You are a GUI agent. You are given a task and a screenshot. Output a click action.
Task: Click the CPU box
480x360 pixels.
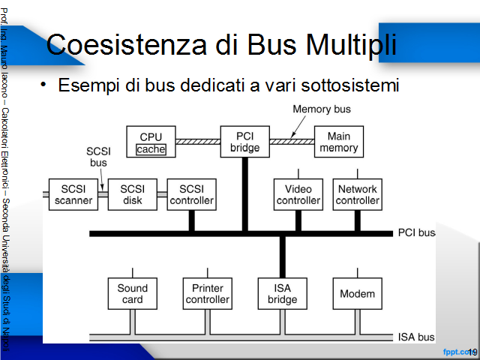[151, 142]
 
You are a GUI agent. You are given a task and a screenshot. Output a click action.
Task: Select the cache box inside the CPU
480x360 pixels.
[151, 149]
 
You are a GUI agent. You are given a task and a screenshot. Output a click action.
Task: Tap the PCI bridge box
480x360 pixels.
[245, 142]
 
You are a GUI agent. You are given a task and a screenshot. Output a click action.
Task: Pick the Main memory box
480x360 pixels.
[339, 142]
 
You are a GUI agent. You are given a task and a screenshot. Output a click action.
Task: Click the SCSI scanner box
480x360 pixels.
[73, 194]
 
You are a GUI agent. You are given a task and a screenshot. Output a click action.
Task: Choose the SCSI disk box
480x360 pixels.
[133, 194]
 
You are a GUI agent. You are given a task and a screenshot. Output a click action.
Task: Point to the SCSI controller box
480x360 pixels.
[192, 194]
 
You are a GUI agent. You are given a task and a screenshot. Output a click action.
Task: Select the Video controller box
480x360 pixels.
[298, 194]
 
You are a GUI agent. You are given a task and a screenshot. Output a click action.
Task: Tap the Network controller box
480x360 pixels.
[357, 194]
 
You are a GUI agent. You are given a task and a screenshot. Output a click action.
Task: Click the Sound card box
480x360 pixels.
[133, 293]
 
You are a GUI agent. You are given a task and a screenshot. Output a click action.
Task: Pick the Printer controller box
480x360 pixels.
[208, 293]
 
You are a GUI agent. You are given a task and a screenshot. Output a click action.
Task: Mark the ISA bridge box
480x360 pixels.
[282, 293]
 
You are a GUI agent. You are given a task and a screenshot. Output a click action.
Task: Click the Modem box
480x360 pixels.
[357, 293]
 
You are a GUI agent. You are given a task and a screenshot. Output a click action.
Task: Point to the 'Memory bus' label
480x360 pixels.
[322, 109]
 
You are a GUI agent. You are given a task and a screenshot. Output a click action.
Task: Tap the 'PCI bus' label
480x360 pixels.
[416, 232]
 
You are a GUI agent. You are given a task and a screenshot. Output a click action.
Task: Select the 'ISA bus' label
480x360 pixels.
[416, 337]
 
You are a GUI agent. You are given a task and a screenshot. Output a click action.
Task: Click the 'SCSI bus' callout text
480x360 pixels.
[98, 157]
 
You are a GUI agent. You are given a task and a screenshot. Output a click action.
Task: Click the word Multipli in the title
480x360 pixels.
[351, 45]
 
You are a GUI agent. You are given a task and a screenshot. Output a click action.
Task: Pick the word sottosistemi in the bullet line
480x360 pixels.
[350, 85]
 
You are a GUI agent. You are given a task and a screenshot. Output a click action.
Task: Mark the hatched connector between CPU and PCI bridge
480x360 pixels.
[198, 142]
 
